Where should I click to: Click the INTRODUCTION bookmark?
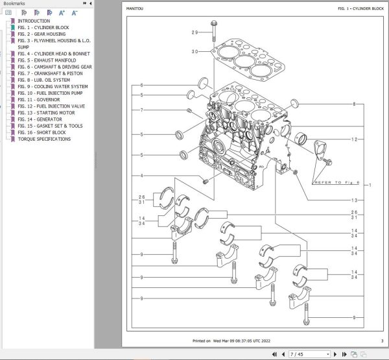pyautogui.click(x=33, y=21)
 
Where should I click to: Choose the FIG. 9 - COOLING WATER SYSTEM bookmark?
pyautogui.click(x=53, y=86)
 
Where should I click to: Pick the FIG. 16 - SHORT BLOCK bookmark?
pyautogui.click(x=42, y=132)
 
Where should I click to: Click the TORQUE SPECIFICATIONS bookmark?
pyautogui.click(x=44, y=139)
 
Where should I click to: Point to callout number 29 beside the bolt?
pyautogui.click(x=194, y=32)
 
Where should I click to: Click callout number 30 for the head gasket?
pyautogui.click(x=194, y=51)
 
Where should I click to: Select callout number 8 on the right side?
pyautogui.click(x=354, y=104)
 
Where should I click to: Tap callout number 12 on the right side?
pyautogui.click(x=354, y=139)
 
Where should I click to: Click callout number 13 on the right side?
pyautogui.click(x=354, y=200)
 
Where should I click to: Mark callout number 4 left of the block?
pyautogui.click(x=141, y=176)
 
